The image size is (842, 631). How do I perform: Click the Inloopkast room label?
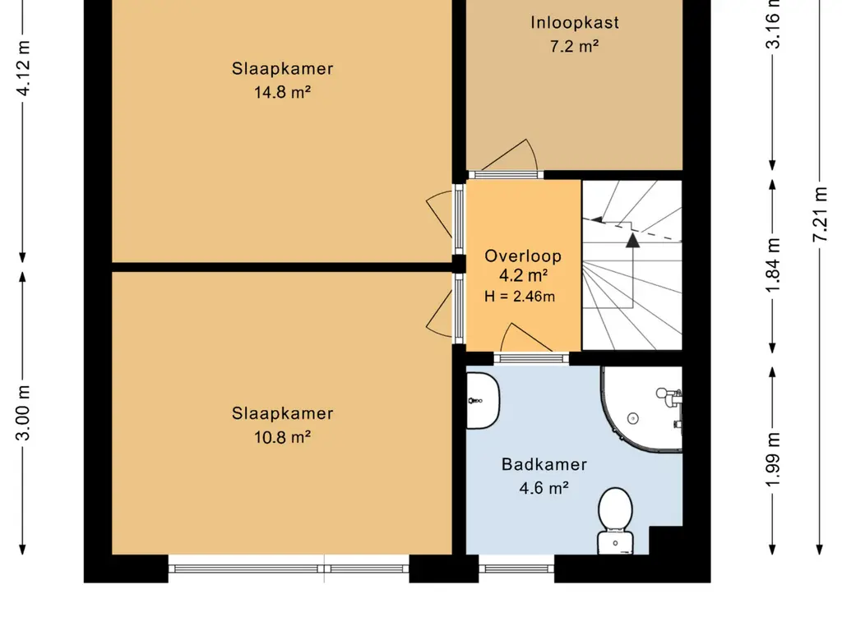(575, 22)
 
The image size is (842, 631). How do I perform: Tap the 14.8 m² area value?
(283, 92)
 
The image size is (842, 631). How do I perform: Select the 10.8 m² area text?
(283, 437)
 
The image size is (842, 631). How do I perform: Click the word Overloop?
(523, 256)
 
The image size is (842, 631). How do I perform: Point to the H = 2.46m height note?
(520, 296)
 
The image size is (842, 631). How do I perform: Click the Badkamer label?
(544, 464)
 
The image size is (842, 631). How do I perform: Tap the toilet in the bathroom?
(615, 520)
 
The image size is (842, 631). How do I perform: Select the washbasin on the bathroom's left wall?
(483, 400)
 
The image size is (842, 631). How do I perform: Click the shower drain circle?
(633, 418)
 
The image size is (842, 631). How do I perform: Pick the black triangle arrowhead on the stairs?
(633, 241)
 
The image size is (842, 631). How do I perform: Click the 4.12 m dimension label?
(24, 67)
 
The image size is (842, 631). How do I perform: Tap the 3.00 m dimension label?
(24, 412)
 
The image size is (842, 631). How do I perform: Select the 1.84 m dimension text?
(773, 265)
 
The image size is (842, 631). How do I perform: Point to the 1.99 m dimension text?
(773, 460)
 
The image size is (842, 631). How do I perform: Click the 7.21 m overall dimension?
(820, 214)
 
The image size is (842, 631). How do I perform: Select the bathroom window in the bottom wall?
(516, 569)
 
